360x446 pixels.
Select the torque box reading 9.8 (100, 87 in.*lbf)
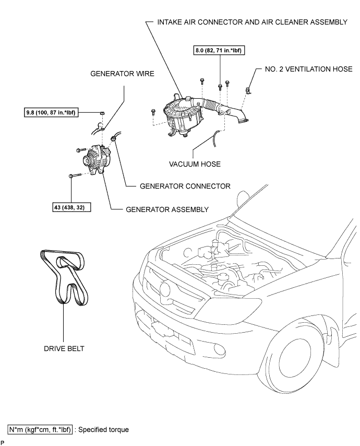51,113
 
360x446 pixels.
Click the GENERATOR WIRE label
122,74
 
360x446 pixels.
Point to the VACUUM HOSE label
195,164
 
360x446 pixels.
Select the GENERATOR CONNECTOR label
185,186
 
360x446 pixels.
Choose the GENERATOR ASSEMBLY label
167,209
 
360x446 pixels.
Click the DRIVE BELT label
64,348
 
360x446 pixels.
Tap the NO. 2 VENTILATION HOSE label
308,69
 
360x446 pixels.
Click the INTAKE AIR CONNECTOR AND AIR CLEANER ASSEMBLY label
253,22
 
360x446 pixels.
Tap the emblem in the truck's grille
165,289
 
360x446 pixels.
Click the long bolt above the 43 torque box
75,175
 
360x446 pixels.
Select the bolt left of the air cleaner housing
153,112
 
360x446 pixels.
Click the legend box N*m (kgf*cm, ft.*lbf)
40,429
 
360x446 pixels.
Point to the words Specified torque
103,429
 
